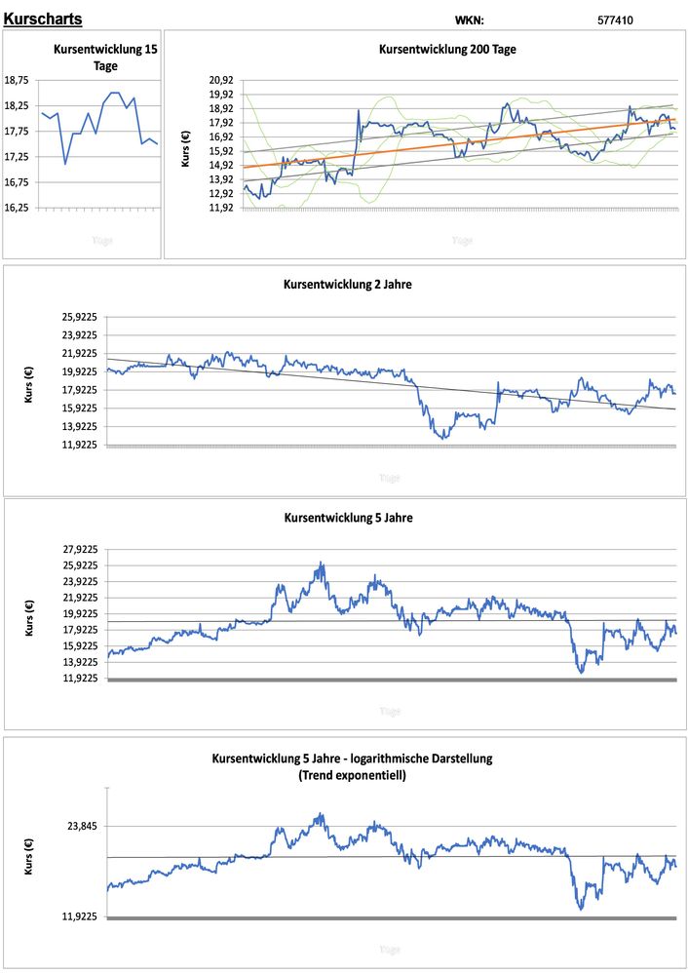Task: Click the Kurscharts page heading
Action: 43,19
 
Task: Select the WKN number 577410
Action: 615,19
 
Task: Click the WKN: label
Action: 470,19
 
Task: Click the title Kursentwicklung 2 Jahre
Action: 348,285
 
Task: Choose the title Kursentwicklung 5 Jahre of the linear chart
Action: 348,518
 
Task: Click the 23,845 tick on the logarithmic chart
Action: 83,826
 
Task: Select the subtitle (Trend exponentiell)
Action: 352,776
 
